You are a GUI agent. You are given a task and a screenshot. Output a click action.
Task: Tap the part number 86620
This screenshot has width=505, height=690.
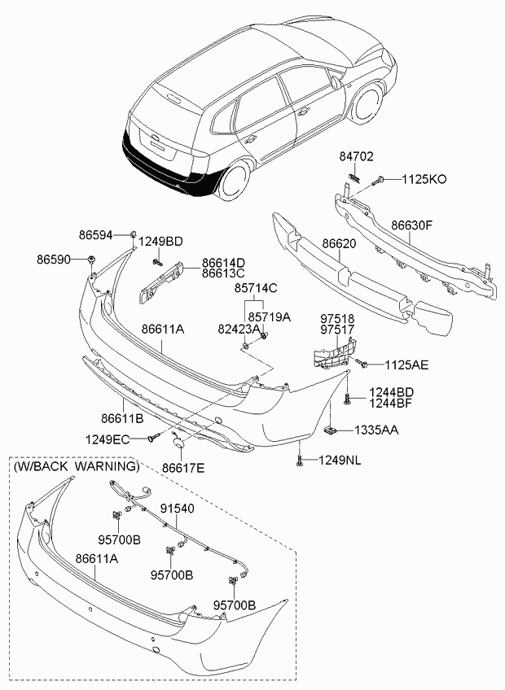pos(340,243)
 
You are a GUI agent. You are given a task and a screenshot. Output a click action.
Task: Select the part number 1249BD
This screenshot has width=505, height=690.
pos(160,242)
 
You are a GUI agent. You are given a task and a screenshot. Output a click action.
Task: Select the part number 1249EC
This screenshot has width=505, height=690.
pos(108,439)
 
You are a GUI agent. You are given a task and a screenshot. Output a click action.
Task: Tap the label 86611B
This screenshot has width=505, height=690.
pos(122,417)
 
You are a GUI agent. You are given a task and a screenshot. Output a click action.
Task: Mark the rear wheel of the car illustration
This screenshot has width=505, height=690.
pos(235,180)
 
